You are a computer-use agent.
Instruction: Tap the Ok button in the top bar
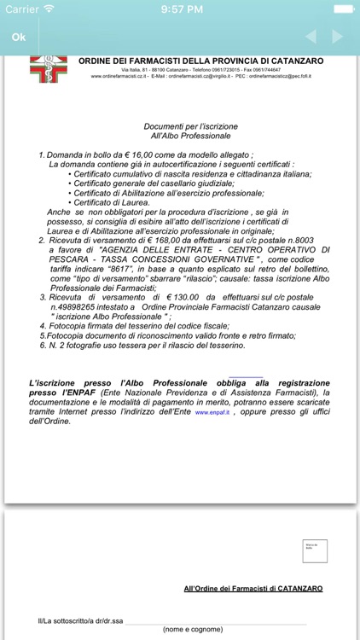pyautogui.click(x=19, y=38)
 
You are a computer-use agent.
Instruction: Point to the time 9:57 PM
pyautogui.click(x=180, y=9)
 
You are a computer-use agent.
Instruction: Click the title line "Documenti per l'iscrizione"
pyautogui.click(x=190, y=126)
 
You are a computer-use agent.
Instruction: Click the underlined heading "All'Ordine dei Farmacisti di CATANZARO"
pyautogui.click(x=253, y=589)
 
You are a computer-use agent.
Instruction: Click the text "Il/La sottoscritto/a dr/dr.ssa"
pyautogui.click(x=75, y=620)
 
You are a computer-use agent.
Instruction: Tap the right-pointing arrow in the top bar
pyautogui.click(x=337, y=37)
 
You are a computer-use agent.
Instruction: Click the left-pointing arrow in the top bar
pyautogui.click(x=311, y=37)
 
